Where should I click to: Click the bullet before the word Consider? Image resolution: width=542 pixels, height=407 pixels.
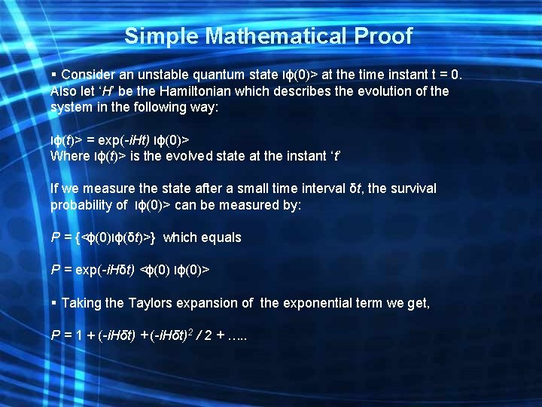pyautogui.click(x=53, y=75)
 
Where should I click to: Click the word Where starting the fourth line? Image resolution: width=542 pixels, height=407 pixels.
pyautogui.click(x=69, y=157)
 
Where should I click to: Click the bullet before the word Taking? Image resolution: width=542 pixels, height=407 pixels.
pyautogui.click(x=53, y=303)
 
